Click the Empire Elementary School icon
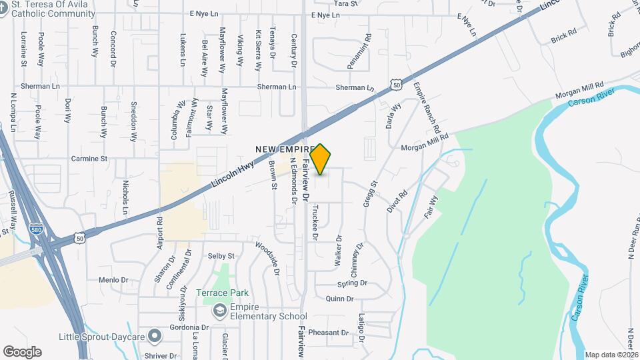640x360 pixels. [219, 311]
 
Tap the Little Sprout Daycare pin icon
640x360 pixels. [155, 337]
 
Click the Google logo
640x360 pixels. [22, 351]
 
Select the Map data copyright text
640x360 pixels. [611, 355]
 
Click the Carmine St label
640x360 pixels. [89, 159]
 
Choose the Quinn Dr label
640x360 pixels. [339, 299]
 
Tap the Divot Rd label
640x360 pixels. [397, 202]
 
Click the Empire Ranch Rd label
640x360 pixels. [427, 107]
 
